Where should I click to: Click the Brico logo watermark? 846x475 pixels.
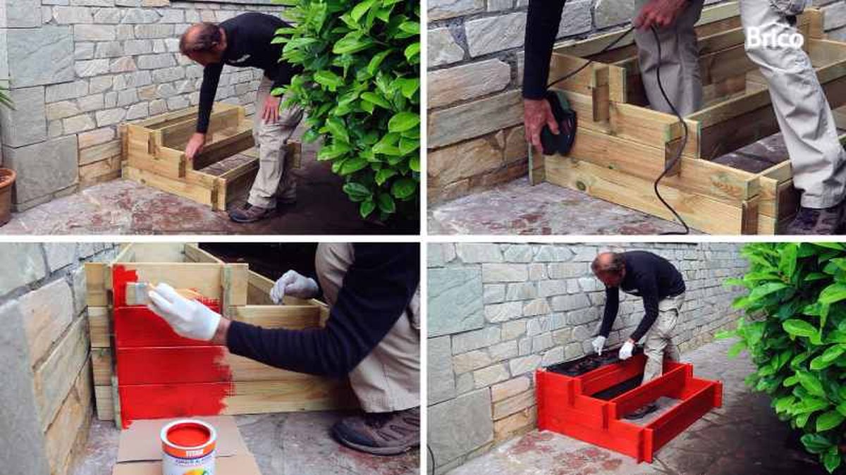pos(774,37)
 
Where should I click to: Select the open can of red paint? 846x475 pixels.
pos(188,445)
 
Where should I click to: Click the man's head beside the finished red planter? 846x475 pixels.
pos(606,266)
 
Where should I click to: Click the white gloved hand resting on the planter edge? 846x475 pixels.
pos(293,285)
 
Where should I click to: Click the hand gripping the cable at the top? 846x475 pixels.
pos(659,13)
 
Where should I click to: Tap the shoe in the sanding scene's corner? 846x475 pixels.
pos(818,219)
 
